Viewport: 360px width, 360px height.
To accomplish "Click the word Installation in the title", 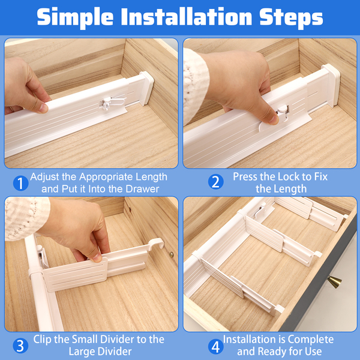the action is coord(186,17).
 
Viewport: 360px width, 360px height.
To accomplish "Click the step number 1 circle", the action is coord(20,183).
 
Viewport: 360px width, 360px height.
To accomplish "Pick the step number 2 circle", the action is coord(215,182).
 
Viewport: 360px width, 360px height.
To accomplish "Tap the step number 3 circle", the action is coord(20,346).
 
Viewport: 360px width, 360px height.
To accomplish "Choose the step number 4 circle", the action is coord(215,347).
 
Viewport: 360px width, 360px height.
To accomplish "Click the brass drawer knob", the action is coord(334,282).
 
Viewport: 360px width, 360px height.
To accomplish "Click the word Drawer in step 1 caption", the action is coord(142,189).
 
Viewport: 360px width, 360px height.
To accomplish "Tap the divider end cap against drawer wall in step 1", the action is coord(146,88).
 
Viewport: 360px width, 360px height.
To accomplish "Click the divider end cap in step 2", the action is coord(331,85).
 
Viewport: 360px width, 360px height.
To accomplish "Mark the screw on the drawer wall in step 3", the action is coord(171,254).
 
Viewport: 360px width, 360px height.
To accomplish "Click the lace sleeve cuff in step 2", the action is coord(195,85).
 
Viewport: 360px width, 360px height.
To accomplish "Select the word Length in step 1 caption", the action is coord(152,177).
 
